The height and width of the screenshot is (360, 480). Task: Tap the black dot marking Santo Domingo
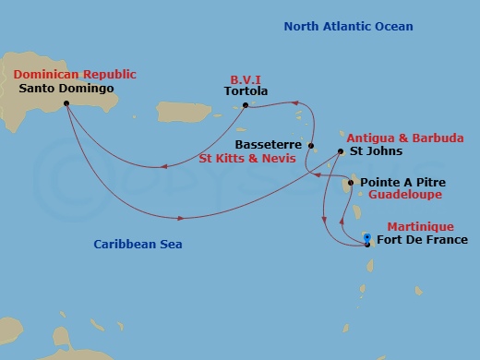pyautogui.click(x=66, y=104)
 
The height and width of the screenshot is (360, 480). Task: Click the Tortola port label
pyautogui.click(x=246, y=90)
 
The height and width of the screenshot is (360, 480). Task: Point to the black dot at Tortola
pyautogui.click(x=245, y=104)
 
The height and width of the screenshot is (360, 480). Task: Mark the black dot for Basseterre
pyautogui.click(x=312, y=146)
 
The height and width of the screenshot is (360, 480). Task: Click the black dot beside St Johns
pyautogui.click(x=341, y=151)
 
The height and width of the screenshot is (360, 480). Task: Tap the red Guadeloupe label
pyautogui.click(x=405, y=196)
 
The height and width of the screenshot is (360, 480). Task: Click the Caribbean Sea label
pyautogui.click(x=138, y=245)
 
